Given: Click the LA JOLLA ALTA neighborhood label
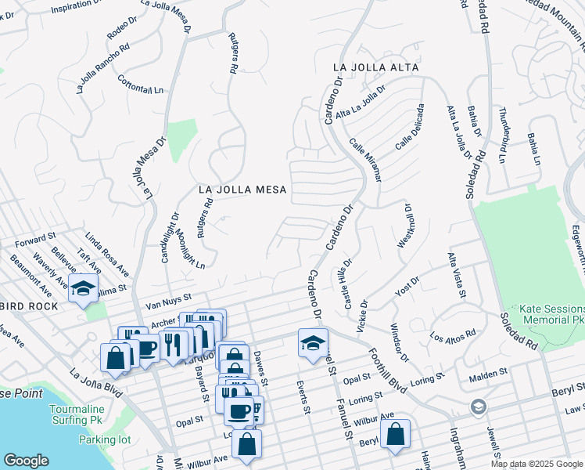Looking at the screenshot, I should click(375, 67).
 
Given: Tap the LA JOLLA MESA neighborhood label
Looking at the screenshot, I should click(242, 190).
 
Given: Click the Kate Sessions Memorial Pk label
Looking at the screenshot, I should click(546, 316).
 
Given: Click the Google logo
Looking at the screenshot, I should click(26, 461).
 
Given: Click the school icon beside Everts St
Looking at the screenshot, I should click(313, 343).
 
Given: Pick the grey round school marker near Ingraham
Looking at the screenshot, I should click(477, 407).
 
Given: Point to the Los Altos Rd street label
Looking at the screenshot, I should click(453, 338).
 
